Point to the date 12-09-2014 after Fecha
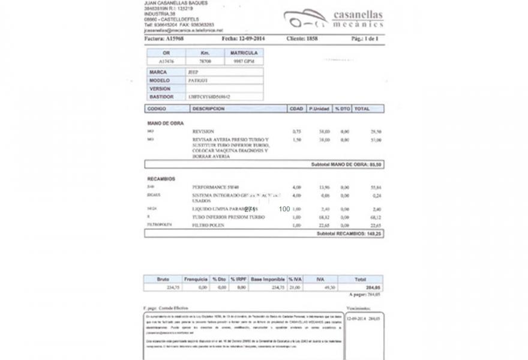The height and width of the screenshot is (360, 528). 252,38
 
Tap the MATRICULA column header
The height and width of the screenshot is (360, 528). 244,53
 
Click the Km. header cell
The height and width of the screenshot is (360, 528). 205,53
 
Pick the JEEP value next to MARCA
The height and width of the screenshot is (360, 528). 193,72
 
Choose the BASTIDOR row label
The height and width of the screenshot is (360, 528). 162,96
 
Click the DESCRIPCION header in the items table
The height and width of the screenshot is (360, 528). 208,109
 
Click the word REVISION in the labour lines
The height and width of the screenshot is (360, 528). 203,131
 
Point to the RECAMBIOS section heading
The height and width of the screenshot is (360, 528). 161,179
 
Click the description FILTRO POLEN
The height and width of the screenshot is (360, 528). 207,224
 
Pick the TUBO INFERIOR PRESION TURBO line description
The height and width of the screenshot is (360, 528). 228,217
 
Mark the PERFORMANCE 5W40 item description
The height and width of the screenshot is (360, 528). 215,187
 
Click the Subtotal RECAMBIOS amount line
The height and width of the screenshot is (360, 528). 349,233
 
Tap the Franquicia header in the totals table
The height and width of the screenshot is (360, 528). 196,279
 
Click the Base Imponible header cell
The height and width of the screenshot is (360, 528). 268,279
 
